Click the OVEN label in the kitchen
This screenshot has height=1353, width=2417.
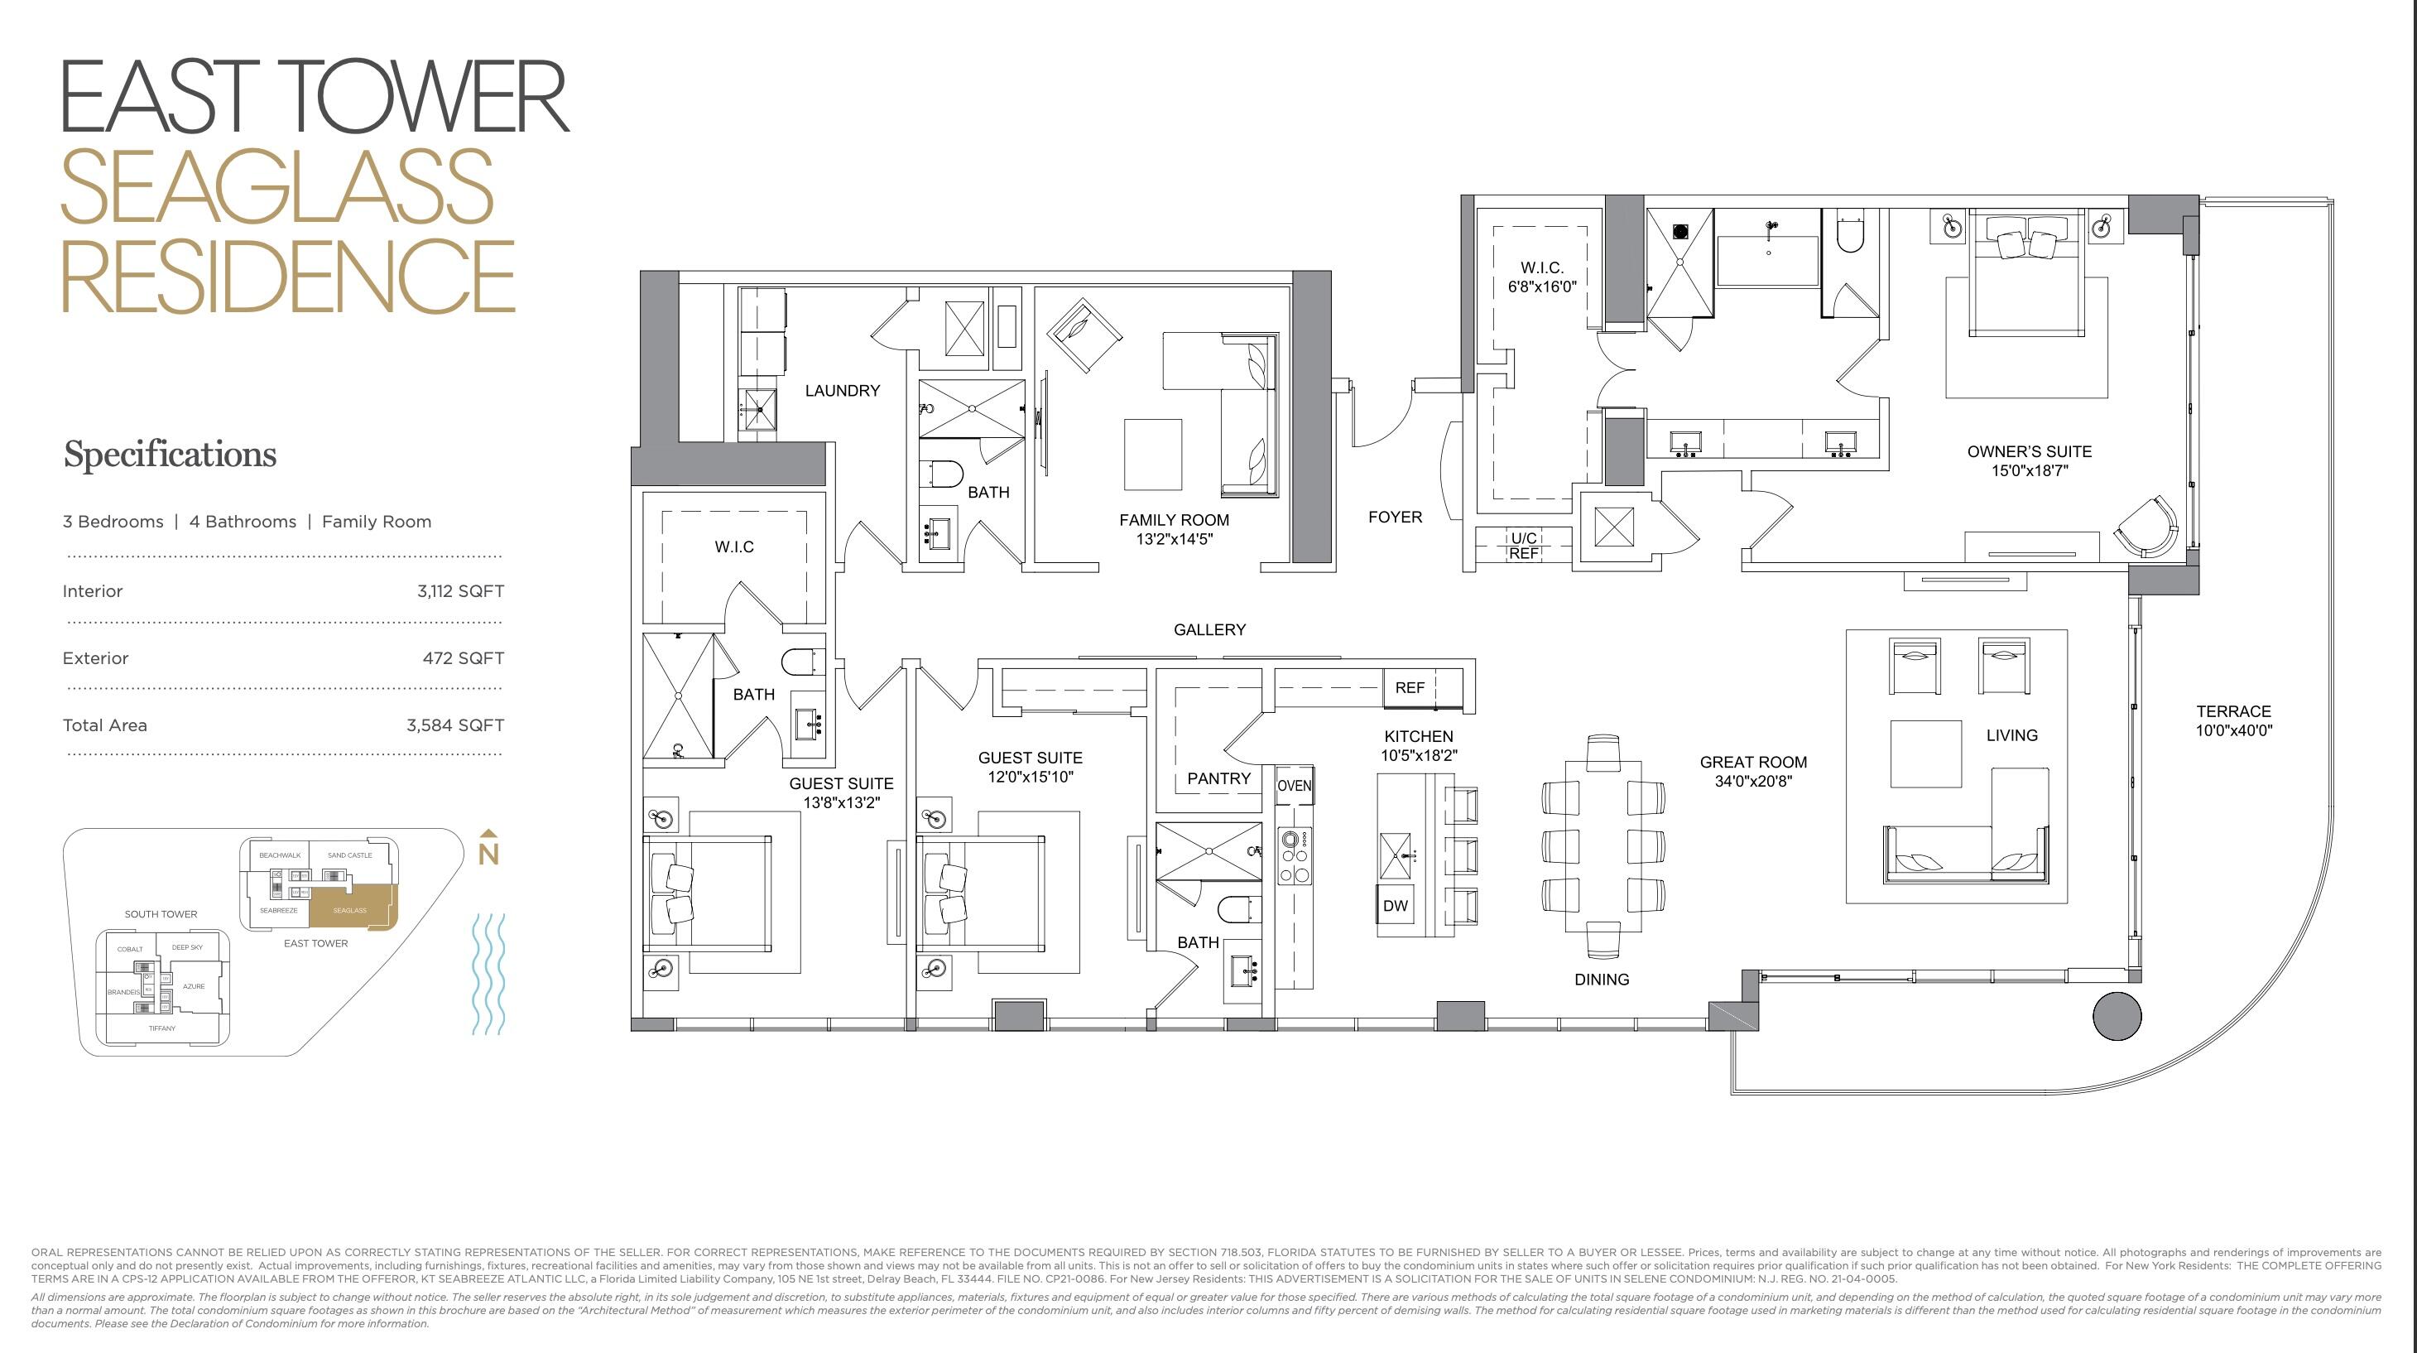(x=1294, y=785)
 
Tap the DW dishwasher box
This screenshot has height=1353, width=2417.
(x=1396, y=905)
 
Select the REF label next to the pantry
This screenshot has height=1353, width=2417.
(x=1410, y=688)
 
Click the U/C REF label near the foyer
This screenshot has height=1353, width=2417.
(x=1523, y=545)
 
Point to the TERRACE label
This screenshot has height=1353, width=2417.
(x=2233, y=711)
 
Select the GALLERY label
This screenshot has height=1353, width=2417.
(x=1209, y=629)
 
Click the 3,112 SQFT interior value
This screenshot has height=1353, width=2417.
(x=459, y=591)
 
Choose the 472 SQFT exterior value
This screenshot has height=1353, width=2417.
(x=463, y=657)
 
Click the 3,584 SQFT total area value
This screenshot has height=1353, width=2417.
(x=455, y=725)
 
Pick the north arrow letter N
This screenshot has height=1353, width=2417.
(x=488, y=854)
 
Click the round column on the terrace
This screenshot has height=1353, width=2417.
(x=2117, y=1015)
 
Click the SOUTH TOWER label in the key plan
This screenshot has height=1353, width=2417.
(x=161, y=914)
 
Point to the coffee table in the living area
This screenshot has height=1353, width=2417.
(x=1925, y=754)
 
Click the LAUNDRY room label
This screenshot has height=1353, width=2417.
(x=842, y=390)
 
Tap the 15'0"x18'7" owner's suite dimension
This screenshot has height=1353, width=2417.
(x=2030, y=471)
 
